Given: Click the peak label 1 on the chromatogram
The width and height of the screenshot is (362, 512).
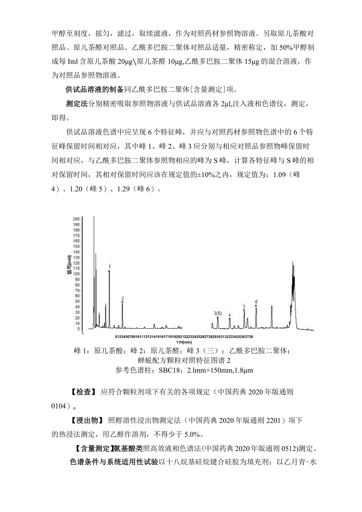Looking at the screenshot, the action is tap(110, 266).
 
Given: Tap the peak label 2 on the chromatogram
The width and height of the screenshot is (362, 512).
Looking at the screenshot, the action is tap(122, 299).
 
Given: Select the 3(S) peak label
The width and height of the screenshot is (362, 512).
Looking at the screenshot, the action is tap(218, 314).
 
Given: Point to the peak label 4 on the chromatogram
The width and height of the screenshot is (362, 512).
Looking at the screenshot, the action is tap(229, 315).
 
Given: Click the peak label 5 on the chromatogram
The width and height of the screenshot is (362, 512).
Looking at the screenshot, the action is tap(244, 307).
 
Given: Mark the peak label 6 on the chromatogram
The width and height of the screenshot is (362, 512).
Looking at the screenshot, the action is tap(256, 302).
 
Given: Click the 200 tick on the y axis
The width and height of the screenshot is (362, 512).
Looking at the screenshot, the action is tap(77, 218).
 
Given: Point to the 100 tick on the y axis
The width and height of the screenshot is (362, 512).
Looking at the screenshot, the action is tap(77, 273).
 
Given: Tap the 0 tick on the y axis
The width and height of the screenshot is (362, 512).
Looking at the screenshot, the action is tap(79, 329).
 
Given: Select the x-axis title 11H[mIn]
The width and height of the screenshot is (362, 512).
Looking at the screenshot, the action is tap(184, 342).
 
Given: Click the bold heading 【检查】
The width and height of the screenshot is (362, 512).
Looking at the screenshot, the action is tap(84, 392).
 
